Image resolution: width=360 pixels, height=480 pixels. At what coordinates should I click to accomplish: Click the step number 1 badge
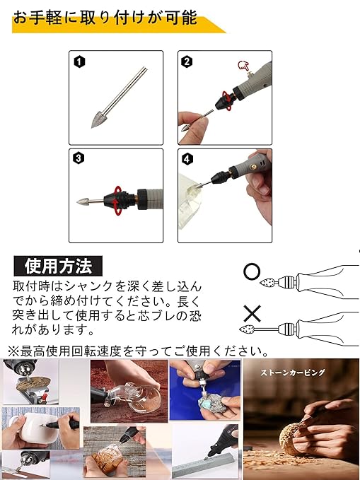[x=79, y=62]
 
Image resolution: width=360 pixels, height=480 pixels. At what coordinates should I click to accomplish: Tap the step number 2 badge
[x=187, y=62]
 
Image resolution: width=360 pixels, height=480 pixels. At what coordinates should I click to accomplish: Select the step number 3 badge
[x=79, y=158]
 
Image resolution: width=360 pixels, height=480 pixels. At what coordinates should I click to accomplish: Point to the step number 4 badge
[x=187, y=159]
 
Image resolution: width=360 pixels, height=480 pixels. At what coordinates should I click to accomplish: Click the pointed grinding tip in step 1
[x=98, y=119]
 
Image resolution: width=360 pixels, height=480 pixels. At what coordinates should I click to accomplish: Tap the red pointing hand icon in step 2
[x=244, y=66]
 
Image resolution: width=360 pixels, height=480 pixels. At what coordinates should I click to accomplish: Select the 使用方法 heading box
[x=58, y=266]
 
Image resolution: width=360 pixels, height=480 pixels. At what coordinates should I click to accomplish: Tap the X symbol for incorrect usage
[x=252, y=313]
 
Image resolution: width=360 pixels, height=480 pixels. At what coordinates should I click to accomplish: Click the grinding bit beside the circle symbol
[x=268, y=282]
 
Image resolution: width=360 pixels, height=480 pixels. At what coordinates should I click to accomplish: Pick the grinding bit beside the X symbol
[x=247, y=329]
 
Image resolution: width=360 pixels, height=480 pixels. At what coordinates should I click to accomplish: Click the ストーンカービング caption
[x=292, y=373]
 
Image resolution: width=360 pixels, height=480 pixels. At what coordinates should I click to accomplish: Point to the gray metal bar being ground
[x=205, y=465]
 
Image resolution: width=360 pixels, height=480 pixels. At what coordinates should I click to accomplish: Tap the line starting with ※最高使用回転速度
[x=138, y=351]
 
